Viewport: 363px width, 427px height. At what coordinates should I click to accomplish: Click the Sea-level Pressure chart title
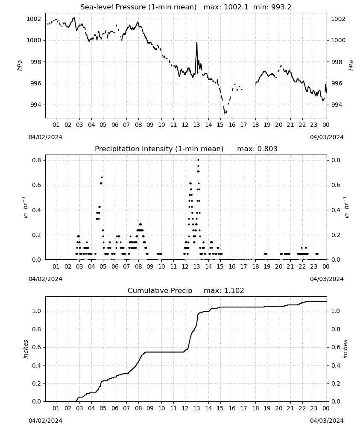click(138, 7)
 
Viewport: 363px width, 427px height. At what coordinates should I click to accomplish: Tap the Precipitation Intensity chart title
click(159, 149)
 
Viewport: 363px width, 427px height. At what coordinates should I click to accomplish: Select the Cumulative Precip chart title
click(160, 290)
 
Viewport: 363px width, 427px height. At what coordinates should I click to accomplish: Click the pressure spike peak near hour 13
click(197, 42)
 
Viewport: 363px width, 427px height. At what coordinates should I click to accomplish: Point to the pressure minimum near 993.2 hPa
click(225, 112)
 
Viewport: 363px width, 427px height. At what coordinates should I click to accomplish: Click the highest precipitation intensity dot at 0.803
click(198, 160)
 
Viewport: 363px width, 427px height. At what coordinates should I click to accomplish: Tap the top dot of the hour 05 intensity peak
click(102, 177)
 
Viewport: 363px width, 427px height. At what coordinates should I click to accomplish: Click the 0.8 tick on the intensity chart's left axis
click(36, 160)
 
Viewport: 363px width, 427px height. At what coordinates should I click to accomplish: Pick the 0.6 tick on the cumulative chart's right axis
click(336, 347)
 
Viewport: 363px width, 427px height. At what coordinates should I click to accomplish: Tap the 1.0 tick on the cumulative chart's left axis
click(36, 311)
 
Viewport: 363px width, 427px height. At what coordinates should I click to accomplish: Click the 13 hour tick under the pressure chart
click(196, 125)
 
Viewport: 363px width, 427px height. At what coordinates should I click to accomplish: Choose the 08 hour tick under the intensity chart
click(138, 266)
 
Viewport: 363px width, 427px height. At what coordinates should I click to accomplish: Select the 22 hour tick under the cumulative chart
click(302, 408)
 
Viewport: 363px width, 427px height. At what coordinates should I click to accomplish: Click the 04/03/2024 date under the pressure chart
click(327, 137)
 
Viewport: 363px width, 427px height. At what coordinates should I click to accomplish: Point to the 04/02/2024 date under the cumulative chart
click(45, 421)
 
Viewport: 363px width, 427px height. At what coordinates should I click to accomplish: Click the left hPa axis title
click(20, 65)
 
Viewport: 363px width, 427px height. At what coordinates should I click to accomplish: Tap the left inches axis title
click(26, 349)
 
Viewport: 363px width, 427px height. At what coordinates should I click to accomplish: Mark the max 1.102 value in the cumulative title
click(224, 290)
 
